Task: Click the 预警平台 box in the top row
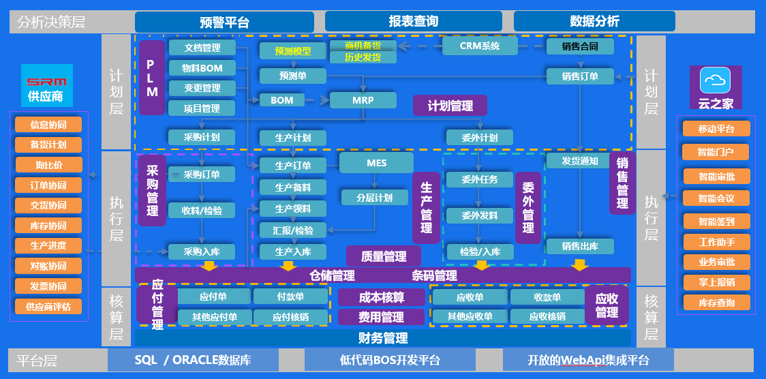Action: (x=225, y=22)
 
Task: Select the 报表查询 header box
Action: (x=413, y=21)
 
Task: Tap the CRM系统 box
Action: (x=480, y=46)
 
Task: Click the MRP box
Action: (x=363, y=100)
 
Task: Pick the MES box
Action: (x=376, y=163)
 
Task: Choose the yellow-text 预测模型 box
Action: (x=292, y=51)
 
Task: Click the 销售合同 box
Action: (x=580, y=46)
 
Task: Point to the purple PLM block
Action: (x=152, y=77)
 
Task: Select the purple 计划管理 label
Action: (x=450, y=106)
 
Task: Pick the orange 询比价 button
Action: (x=48, y=165)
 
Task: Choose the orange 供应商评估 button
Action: (x=48, y=306)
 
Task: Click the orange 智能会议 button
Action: (x=716, y=198)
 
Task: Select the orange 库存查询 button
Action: (x=716, y=302)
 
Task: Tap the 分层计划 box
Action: (x=374, y=198)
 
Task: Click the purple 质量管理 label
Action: (x=383, y=256)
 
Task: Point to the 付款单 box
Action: (x=290, y=297)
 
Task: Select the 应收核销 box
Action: (x=547, y=316)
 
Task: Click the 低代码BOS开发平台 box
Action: (x=390, y=360)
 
